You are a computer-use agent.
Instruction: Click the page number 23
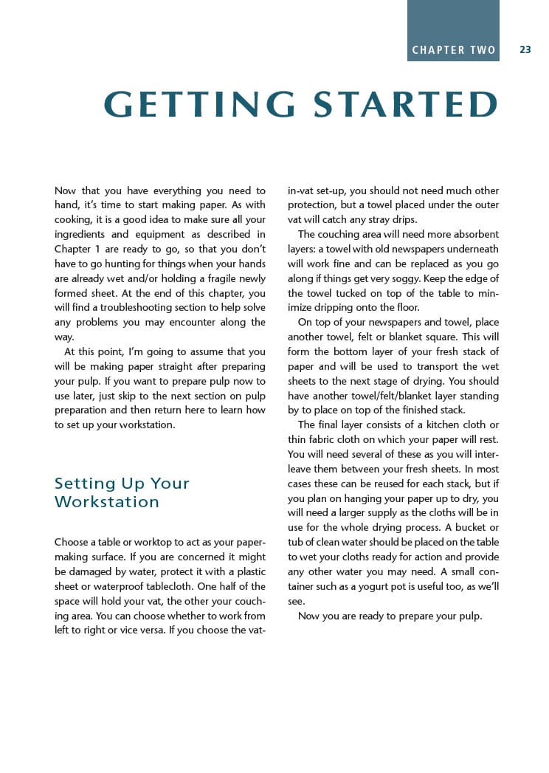525,50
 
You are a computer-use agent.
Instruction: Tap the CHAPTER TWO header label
454,50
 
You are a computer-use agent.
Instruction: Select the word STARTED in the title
406,105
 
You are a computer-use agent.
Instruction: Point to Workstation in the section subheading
107,502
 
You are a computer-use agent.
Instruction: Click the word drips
417,220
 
